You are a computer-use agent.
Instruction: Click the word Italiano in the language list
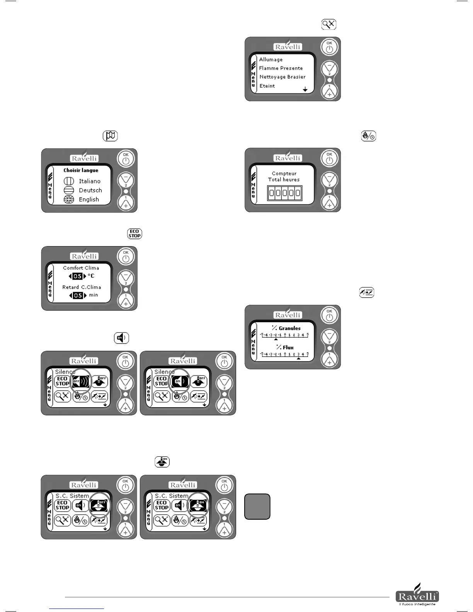point(89,181)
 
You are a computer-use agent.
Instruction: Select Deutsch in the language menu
point(90,190)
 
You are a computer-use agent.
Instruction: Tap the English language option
point(89,200)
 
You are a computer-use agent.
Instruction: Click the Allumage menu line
point(271,59)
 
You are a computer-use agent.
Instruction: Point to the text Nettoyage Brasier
point(282,77)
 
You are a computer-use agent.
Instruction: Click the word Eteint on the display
point(267,86)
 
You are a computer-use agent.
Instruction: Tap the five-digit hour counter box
point(285,193)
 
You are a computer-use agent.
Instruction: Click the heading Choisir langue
point(81,170)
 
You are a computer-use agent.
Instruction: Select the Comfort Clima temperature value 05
point(78,276)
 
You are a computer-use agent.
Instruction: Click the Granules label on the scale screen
point(289,328)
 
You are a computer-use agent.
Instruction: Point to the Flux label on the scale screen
point(288,347)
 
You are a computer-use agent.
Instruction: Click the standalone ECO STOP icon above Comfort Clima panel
point(134,234)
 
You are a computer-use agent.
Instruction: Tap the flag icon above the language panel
point(110,136)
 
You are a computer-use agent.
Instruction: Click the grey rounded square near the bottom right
point(257,507)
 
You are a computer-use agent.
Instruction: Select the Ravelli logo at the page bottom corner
point(417,597)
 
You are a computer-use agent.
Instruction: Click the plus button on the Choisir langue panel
point(126,203)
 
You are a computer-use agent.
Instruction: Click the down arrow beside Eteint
point(305,89)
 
